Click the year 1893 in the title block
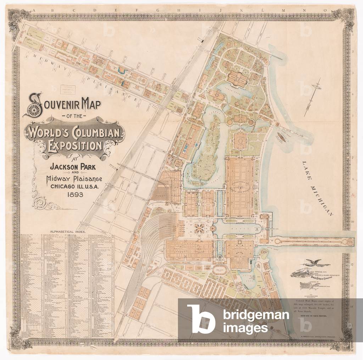(x=72, y=195)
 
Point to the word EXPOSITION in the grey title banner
(x=75, y=146)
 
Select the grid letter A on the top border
(x=34, y=11)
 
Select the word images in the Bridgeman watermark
(x=245, y=328)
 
